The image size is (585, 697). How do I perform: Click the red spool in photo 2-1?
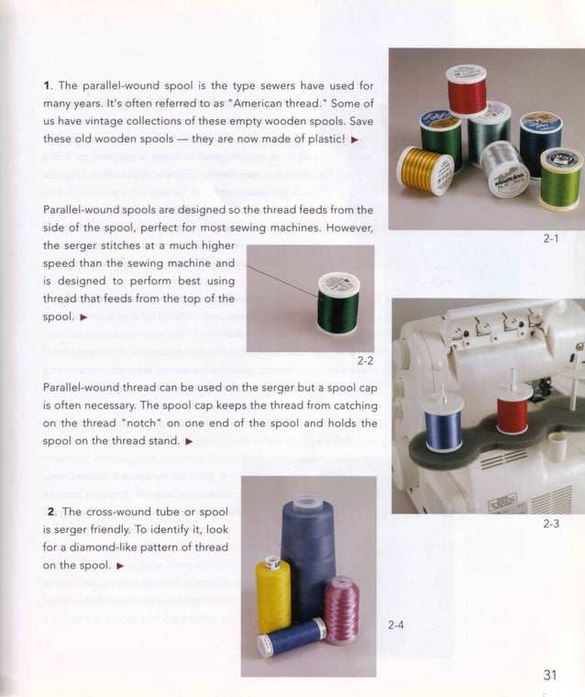pyautogui.click(x=466, y=90)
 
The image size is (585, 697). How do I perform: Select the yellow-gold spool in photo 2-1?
pyautogui.click(x=425, y=170)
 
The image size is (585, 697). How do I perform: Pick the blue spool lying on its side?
pyautogui.click(x=291, y=638)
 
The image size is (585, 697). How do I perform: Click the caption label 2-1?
pyautogui.click(x=550, y=238)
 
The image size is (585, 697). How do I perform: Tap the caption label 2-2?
pyautogui.click(x=364, y=360)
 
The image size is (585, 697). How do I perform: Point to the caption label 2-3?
pyautogui.click(x=550, y=524)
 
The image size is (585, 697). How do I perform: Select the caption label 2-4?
pyautogui.click(x=396, y=625)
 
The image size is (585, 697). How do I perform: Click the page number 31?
pyautogui.click(x=550, y=675)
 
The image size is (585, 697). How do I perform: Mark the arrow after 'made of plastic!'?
pyautogui.click(x=354, y=139)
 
